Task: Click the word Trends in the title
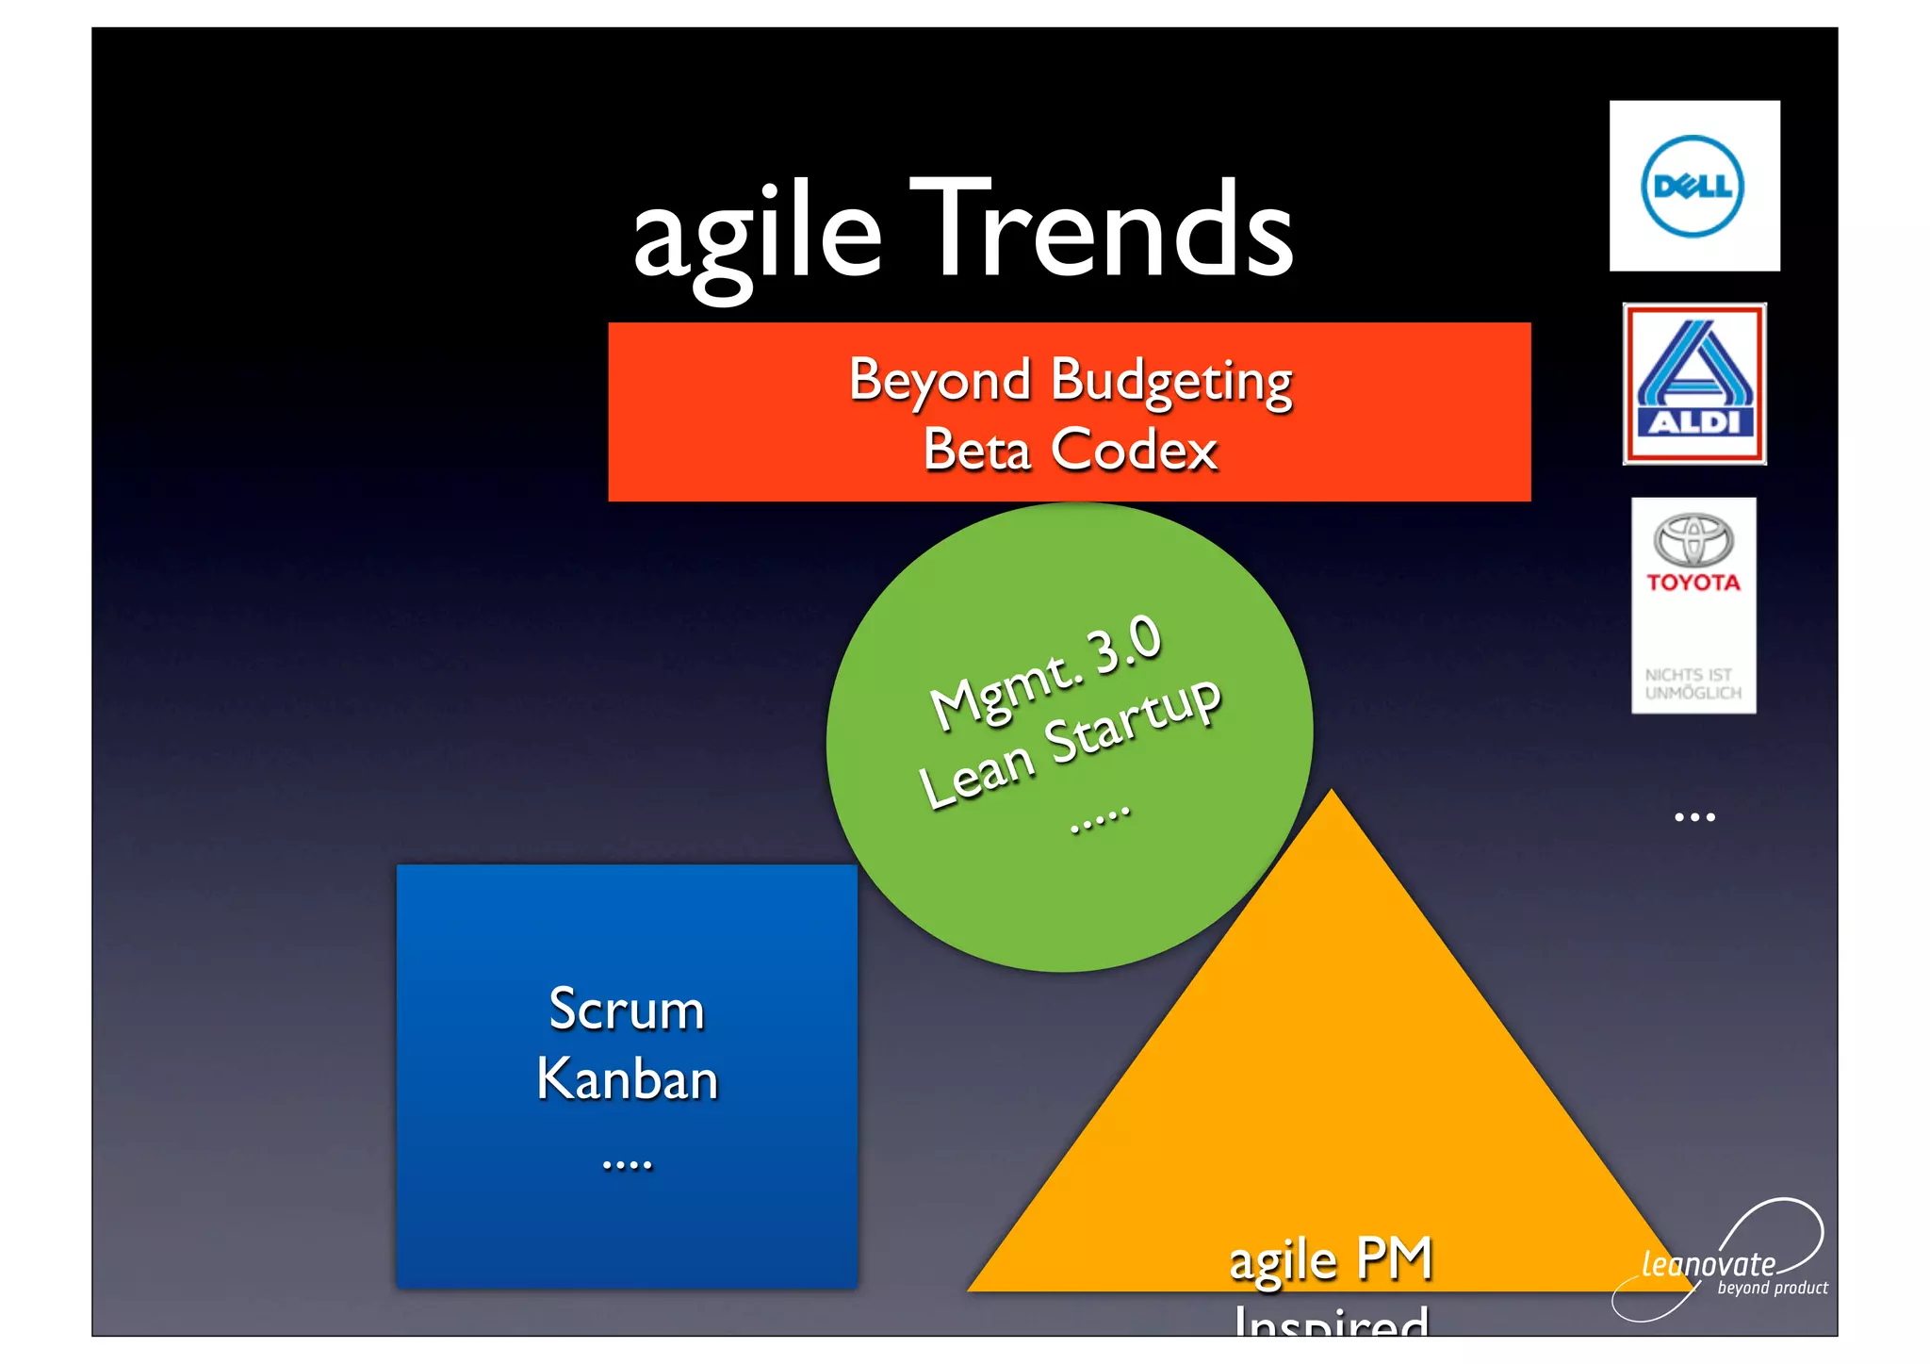point(1103,230)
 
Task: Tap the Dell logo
point(1693,186)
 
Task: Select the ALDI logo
point(1693,384)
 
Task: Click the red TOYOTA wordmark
point(1693,583)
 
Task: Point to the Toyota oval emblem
point(1693,540)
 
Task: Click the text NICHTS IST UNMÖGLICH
point(1693,683)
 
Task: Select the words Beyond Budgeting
point(1070,380)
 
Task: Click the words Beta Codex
point(1070,450)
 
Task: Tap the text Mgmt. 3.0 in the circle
point(1046,670)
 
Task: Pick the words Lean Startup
point(1070,742)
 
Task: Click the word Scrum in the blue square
point(627,1010)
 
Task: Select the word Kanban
point(627,1079)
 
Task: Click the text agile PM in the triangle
point(1331,1258)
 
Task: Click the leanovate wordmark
point(1708,1264)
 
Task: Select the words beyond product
point(1772,1289)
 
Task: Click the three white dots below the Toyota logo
point(1694,817)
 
